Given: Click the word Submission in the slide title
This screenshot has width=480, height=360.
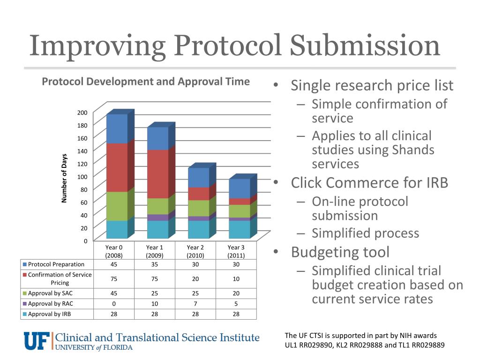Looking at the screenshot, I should [x=365, y=46].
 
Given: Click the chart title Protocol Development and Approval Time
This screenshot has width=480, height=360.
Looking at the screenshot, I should [x=146, y=82].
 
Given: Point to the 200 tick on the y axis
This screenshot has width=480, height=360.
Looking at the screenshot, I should [x=82, y=112].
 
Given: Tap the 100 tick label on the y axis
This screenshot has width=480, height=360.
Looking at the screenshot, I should [x=82, y=176].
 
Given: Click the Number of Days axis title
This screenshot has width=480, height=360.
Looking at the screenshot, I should [x=65, y=178].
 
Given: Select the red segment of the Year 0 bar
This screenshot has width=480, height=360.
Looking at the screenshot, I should [x=117, y=167].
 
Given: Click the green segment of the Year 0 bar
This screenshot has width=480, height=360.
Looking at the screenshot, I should [x=117, y=206].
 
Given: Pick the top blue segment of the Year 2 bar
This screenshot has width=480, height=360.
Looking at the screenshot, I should [x=198, y=177].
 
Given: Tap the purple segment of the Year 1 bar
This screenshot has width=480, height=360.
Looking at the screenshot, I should [x=157, y=217].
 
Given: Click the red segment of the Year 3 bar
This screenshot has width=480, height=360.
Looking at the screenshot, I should [x=240, y=202].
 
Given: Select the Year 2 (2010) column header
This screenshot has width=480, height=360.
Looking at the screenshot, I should [x=195, y=251].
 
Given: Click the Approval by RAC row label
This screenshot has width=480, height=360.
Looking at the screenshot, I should [x=51, y=304].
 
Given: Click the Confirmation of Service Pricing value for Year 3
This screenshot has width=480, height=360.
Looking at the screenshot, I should [x=236, y=279].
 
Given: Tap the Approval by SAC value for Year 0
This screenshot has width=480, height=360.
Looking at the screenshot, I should [x=114, y=294].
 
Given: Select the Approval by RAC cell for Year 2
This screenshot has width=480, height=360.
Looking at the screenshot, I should [x=195, y=304].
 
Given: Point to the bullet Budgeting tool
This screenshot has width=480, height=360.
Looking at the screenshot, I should [x=340, y=252].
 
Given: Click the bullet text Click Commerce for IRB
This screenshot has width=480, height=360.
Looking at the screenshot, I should [x=369, y=182].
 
